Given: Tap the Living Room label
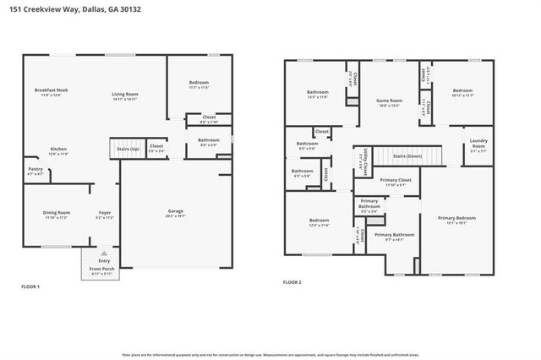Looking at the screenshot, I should [x=125, y=95].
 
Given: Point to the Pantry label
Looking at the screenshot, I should [x=36, y=169].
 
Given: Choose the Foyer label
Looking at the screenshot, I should [x=104, y=213].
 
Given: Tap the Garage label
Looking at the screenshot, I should [x=175, y=211].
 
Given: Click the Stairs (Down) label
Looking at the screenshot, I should [x=408, y=156].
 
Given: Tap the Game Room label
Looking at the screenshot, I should [x=388, y=101].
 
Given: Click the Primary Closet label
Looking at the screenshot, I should [x=396, y=180].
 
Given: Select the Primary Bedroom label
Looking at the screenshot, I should [x=456, y=218].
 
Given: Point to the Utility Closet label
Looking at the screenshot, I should [x=364, y=157].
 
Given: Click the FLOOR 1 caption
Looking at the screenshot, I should [x=30, y=287].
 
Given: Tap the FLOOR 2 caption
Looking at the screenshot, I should [x=291, y=282].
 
